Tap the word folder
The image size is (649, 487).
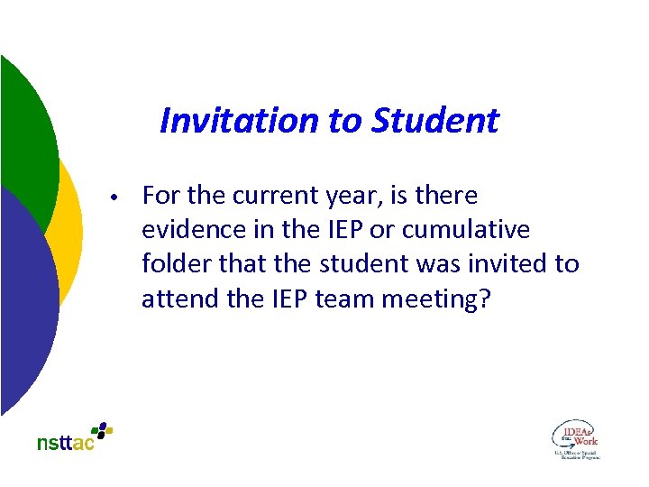pos(171,264)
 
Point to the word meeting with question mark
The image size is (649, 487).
pos(437,299)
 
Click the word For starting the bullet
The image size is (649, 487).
pos(160,196)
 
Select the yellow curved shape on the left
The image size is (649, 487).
pos(69,225)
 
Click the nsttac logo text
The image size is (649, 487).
pos(65,443)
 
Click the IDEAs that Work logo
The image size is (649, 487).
pos(575,439)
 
